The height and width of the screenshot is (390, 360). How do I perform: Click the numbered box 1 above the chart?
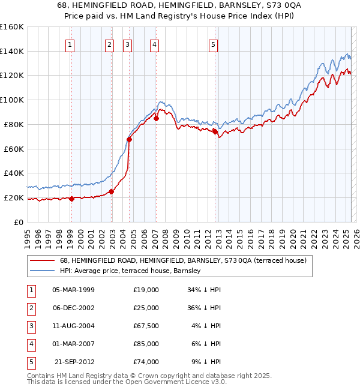click(x=71, y=44)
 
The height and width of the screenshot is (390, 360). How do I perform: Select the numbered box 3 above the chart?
click(x=128, y=44)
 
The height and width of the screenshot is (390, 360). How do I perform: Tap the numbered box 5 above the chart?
click(x=214, y=44)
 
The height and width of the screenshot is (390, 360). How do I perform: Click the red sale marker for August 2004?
click(x=129, y=139)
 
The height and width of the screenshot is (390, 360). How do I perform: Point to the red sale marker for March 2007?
click(x=156, y=118)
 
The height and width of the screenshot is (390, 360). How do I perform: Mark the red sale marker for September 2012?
click(x=215, y=131)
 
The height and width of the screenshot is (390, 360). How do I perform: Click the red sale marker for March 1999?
click(x=71, y=199)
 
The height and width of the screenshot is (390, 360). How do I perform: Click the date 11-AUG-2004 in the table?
click(x=74, y=326)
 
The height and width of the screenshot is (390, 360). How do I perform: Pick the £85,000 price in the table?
click(x=146, y=344)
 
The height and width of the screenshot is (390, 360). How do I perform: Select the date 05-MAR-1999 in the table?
click(x=74, y=290)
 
